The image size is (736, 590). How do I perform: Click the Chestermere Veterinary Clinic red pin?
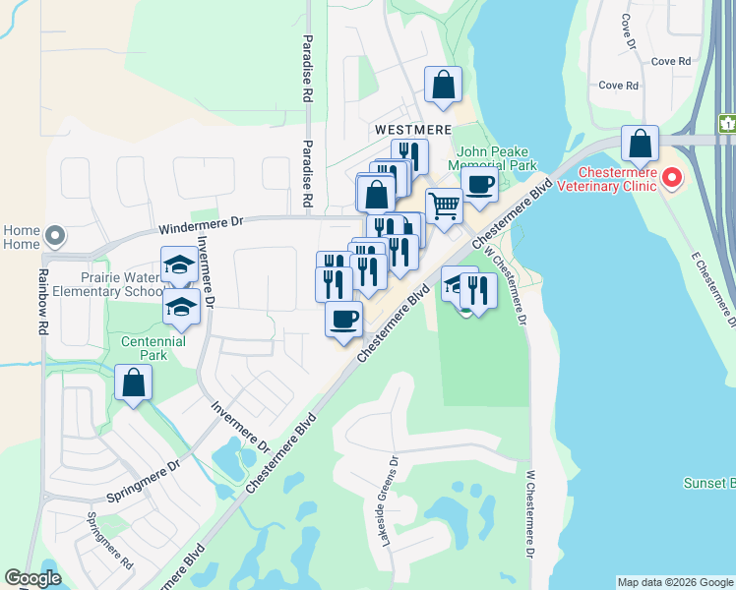coord(672,178)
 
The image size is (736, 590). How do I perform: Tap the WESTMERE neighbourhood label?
coord(412,130)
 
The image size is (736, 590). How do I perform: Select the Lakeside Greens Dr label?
coord(389,501)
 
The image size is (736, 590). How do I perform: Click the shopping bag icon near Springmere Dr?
coord(133,383)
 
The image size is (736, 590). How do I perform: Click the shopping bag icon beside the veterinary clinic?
coord(640,144)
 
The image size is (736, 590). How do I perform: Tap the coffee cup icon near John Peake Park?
coord(479,185)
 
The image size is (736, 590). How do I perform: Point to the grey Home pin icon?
coord(55,236)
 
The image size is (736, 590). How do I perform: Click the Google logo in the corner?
coord(32,578)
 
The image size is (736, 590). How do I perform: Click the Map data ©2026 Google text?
coord(675,582)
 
